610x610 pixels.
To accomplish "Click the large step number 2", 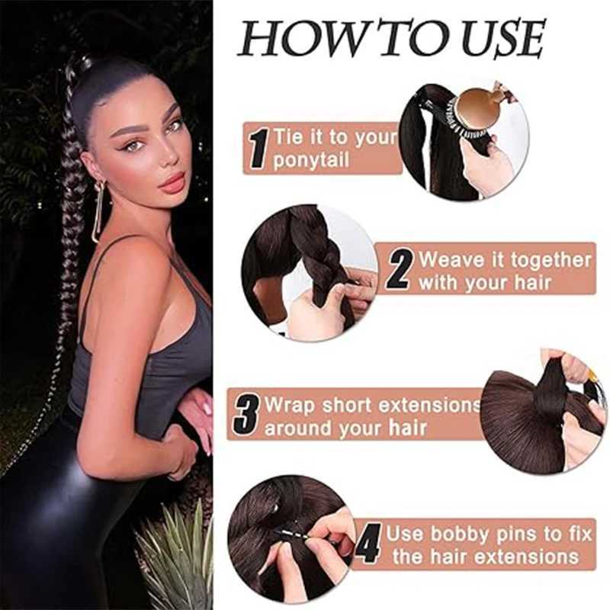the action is [x=399, y=269].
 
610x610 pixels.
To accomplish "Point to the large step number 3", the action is [x=246, y=415].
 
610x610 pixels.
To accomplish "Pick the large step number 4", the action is [x=368, y=543].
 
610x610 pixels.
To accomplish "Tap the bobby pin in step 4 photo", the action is [x=293, y=534].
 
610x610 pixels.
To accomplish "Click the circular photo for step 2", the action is [x=310, y=273].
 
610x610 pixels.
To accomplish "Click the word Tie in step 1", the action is [x=288, y=137].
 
